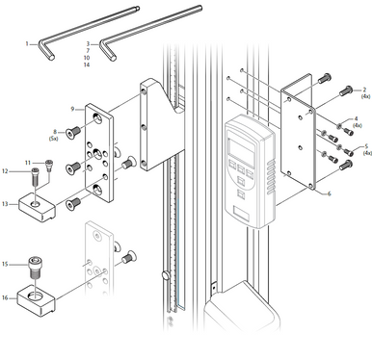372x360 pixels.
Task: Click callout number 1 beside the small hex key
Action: point(27,43)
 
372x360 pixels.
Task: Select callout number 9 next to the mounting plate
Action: point(72,109)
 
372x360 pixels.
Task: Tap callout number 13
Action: point(6,203)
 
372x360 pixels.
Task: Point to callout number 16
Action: point(6,297)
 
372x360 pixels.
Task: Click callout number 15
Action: point(6,263)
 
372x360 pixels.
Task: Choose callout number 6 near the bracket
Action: point(330,193)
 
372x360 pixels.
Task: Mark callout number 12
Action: point(6,171)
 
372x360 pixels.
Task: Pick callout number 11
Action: point(28,162)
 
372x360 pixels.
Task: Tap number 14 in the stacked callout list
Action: point(87,64)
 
